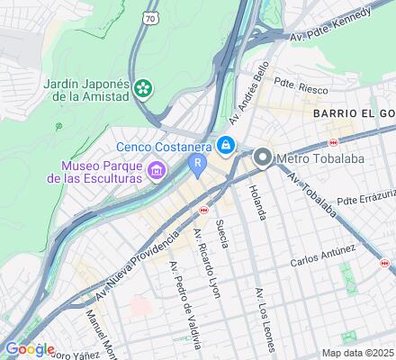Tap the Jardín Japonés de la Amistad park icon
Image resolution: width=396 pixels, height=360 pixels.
142,87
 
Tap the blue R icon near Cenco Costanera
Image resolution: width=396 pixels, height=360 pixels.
196,162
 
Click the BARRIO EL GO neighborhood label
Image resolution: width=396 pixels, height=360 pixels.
354,114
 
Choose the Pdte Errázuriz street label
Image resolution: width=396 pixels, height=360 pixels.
365,196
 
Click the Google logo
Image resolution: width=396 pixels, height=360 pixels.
30,349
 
